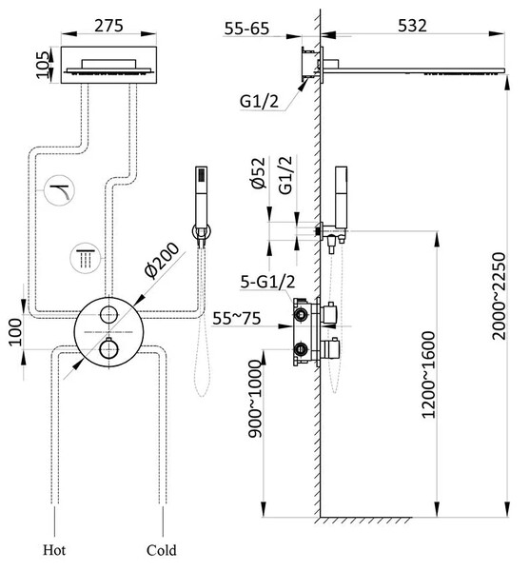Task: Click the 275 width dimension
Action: [108, 27]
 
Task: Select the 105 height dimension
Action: [43, 65]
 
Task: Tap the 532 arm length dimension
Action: [412, 26]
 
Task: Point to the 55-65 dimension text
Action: [246, 29]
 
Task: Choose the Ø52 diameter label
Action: [258, 173]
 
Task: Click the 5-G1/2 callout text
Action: [267, 282]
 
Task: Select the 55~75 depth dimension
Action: [237, 318]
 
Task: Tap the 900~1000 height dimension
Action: [255, 399]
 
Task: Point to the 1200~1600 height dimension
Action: [428, 374]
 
